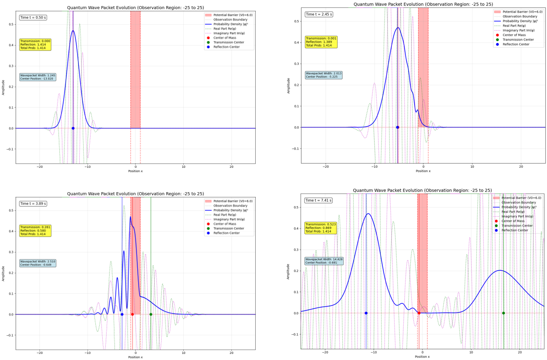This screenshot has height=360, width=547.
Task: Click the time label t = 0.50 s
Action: pyautogui.click(x=33, y=17)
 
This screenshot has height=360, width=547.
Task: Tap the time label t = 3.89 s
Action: pyautogui.click(x=33, y=204)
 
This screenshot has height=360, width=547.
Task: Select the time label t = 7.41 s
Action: pyautogui.click(x=318, y=200)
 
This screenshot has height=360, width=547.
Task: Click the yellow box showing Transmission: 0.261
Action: pyautogui.click(x=35, y=231)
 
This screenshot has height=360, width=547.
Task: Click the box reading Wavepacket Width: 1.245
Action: pyautogui.click(x=37, y=77)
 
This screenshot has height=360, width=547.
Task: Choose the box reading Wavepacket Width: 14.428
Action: pyautogui.click(x=321, y=261)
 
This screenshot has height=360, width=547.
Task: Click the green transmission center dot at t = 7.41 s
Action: pyautogui.click(x=503, y=313)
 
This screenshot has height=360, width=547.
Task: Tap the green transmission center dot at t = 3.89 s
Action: pyautogui.click(x=151, y=314)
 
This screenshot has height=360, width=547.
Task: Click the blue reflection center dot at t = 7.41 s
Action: pyautogui.click(x=366, y=313)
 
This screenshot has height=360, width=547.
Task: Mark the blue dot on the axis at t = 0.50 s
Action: pyautogui.click(x=73, y=128)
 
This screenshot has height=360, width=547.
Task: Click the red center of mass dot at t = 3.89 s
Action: pyautogui.click(x=132, y=314)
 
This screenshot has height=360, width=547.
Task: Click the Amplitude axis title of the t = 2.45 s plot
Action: pyautogui.click(x=288, y=86)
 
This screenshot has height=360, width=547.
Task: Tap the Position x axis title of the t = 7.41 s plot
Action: pyautogui.click(x=422, y=357)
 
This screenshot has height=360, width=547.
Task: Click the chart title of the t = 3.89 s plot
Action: pyautogui.click(x=135, y=194)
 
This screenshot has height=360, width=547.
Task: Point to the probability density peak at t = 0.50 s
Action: pyautogui.click(x=73, y=31)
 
